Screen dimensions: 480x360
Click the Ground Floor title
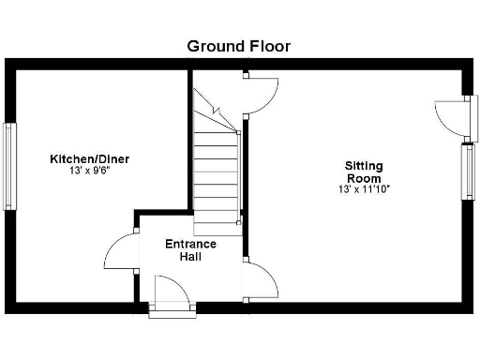(239, 45)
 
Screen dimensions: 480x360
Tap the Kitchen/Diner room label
(90, 159)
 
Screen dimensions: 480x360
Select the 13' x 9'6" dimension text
(90, 172)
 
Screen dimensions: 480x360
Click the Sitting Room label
(364, 172)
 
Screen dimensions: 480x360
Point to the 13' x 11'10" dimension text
(364, 189)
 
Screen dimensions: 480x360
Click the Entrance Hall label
(190, 250)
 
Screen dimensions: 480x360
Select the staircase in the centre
(217, 159)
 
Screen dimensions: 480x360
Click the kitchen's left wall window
(10, 166)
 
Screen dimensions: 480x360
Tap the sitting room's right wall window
(467, 171)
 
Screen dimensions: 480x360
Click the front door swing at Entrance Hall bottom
(172, 291)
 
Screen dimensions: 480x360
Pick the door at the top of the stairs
(261, 95)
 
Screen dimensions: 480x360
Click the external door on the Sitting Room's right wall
(451, 118)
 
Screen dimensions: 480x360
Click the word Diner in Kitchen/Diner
(111, 159)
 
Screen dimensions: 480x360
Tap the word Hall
(191, 257)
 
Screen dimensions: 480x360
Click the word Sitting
(364, 166)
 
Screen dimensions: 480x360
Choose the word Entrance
(190, 244)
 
